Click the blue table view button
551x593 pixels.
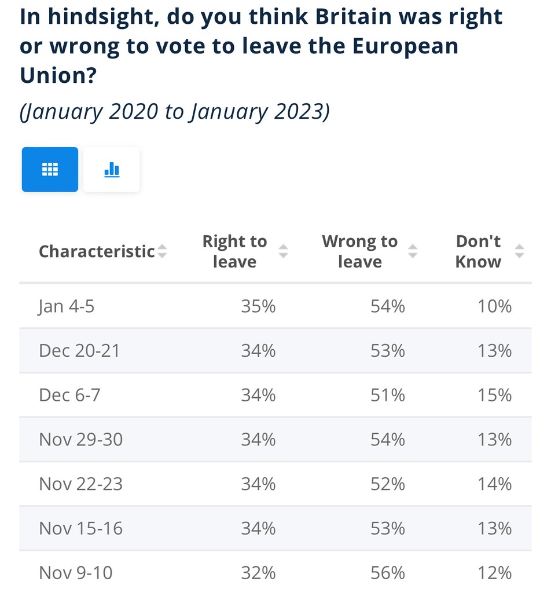click(x=50, y=169)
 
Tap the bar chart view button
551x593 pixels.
click(x=111, y=169)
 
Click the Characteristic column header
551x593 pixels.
click(x=97, y=251)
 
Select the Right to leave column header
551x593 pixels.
click(x=234, y=251)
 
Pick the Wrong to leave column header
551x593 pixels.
click(x=359, y=251)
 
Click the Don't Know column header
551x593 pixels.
click(x=478, y=251)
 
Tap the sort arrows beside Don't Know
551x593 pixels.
click(x=520, y=251)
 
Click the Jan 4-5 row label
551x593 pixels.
click(x=67, y=306)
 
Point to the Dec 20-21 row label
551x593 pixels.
click(x=79, y=350)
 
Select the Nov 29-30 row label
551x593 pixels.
click(x=81, y=440)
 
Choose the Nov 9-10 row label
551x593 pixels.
click(x=76, y=573)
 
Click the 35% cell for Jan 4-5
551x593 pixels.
click(x=258, y=306)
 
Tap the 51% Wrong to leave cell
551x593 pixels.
click(x=387, y=395)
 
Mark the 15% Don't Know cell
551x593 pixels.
click(x=495, y=395)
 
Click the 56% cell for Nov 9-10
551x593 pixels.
click(x=387, y=573)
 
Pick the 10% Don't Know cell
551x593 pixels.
click(x=495, y=306)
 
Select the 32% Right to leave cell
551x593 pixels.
click(x=258, y=573)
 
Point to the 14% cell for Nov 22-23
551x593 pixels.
click(x=495, y=484)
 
